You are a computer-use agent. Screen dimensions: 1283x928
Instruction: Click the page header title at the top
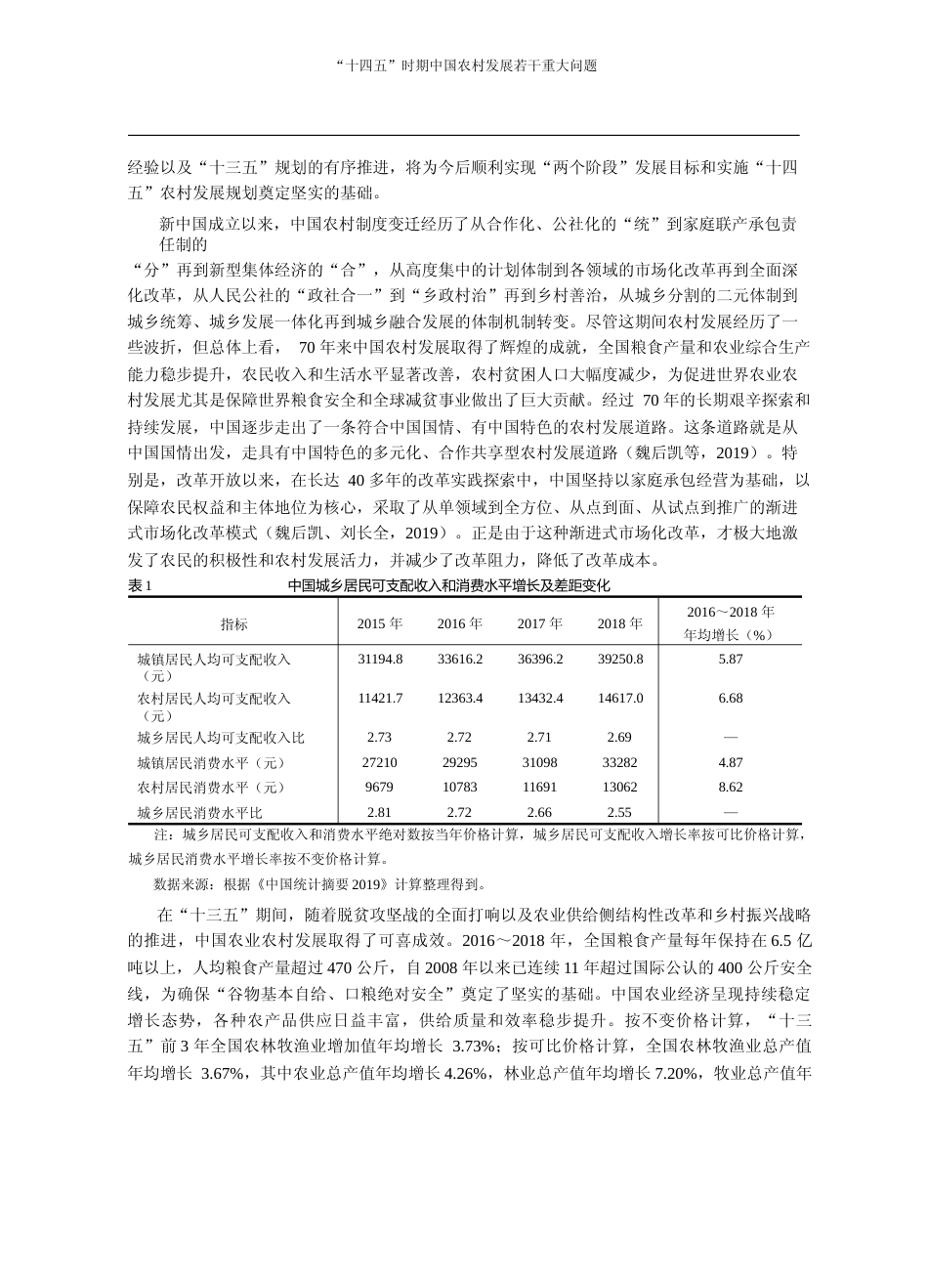(x=464, y=65)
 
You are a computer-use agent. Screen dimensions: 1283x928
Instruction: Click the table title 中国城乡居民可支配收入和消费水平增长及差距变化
(x=448, y=586)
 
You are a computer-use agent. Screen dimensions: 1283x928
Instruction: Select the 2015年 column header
(x=379, y=623)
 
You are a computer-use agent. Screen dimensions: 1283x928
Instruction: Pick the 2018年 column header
(x=619, y=623)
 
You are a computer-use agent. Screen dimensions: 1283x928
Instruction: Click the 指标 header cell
(x=233, y=624)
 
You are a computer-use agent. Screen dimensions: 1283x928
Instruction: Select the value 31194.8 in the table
(x=379, y=660)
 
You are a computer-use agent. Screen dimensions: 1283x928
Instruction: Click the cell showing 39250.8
(x=619, y=660)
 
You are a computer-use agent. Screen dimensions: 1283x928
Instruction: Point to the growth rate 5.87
(x=730, y=660)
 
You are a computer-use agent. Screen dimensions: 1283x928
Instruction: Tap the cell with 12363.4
(x=459, y=699)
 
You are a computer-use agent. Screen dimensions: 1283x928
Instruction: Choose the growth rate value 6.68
(x=730, y=699)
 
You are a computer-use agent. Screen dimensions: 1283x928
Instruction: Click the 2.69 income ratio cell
(x=619, y=737)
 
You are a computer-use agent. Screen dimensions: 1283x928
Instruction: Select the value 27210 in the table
(x=379, y=762)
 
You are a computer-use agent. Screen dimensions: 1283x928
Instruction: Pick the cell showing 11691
(x=539, y=787)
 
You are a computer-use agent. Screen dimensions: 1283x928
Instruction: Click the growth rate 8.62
(x=730, y=787)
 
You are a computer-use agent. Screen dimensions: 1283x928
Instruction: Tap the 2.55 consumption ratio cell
(x=619, y=812)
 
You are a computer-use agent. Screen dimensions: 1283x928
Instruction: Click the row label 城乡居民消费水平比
(x=200, y=812)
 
